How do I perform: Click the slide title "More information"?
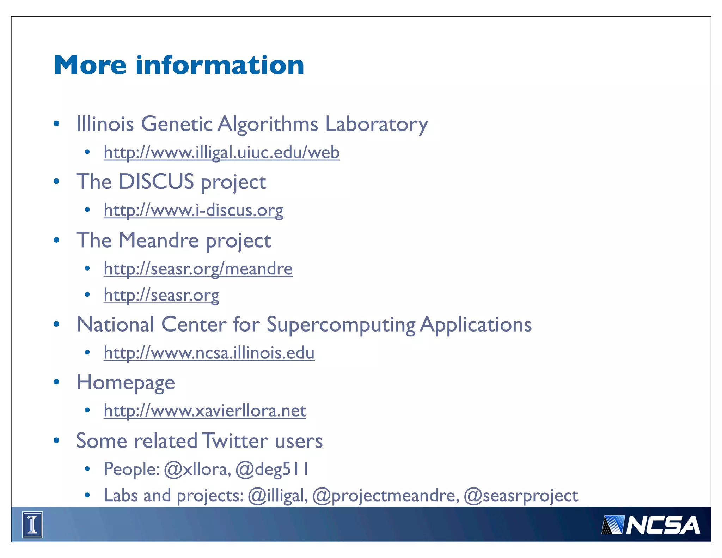click(179, 65)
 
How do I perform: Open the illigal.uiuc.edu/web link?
click(221, 152)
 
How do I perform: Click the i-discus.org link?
click(193, 210)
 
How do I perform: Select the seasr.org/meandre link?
click(198, 269)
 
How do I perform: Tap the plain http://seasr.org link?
click(161, 295)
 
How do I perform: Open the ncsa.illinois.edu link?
click(209, 353)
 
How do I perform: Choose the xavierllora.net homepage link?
click(205, 411)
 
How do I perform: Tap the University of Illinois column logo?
click(32, 525)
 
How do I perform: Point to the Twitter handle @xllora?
click(197, 469)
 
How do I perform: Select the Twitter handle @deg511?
click(272, 469)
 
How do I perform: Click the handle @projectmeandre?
click(386, 496)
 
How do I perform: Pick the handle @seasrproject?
click(521, 496)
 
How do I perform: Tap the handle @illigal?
click(277, 496)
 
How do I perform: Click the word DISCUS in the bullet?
click(156, 182)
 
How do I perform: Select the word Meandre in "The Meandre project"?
click(159, 240)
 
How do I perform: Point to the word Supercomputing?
click(341, 325)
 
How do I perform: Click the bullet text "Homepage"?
click(126, 383)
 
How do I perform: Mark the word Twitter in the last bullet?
click(235, 441)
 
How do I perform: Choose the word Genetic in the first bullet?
click(177, 124)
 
